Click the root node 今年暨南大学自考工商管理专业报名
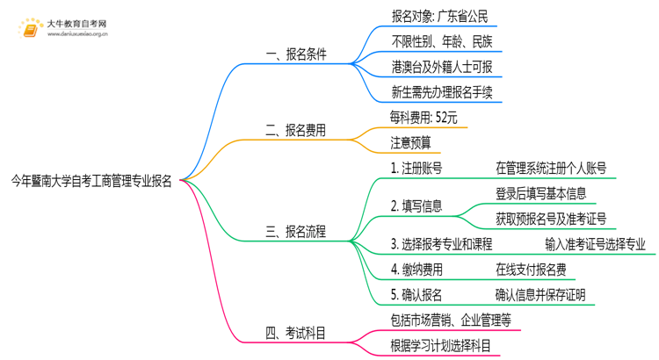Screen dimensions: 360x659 [91, 182]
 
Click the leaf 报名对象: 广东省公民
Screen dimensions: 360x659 [438, 16]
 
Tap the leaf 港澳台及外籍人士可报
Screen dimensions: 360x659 [445, 66]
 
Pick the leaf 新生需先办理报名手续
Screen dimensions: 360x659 [445, 90]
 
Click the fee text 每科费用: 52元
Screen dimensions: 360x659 [424, 117]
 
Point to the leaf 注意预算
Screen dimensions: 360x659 [410, 142]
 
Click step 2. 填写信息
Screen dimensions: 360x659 [416, 206]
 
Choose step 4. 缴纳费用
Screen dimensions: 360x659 [416, 270]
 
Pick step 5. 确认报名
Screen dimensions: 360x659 [416, 295]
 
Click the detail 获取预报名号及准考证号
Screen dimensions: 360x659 [551, 219]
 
